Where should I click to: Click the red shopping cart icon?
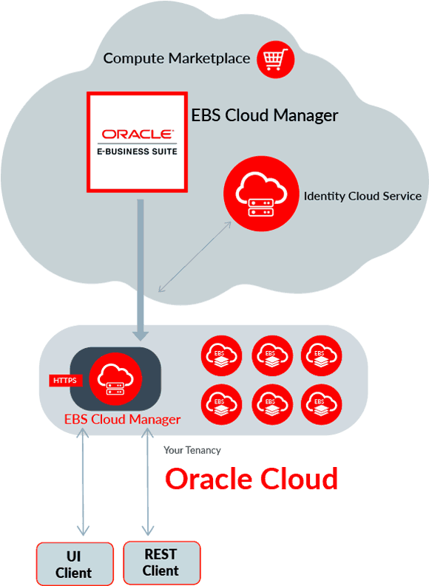(x=276, y=59)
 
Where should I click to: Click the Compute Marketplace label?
(x=177, y=58)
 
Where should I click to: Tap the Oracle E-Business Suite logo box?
(x=138, y=142)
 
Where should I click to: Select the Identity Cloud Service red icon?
(x=261, y=194)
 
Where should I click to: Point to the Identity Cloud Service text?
(x=362, y=197)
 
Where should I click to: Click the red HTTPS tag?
(x=65, y=381)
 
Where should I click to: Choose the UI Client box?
(x=75, y=564)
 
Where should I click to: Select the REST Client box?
(x=161, y=562)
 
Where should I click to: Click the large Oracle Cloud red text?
(x=251, y=479)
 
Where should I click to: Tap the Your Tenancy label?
(x=192, y=450)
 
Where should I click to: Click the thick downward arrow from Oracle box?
(x=141, y=270)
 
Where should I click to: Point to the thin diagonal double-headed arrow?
(x=195, y=256)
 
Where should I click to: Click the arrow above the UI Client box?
(x=83, y=482)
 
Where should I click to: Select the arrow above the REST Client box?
(x=148, y=482)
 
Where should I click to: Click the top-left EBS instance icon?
(x=221, y=355)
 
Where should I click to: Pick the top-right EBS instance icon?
(x=321, y=355)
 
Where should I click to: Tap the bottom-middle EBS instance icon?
(x=272, y=405)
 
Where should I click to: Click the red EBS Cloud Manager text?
(x=122, y=419)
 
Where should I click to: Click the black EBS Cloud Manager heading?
(x=265, y=115)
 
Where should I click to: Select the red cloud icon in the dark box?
(x=115, y=379)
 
